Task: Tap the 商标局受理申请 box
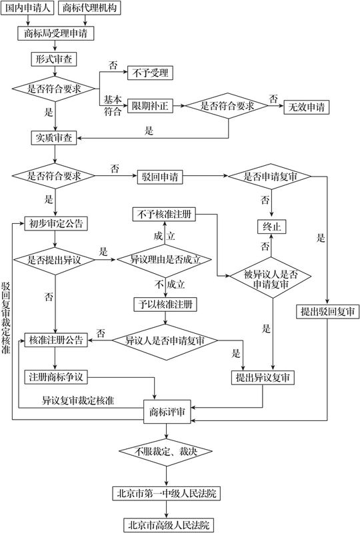tap(55, 33)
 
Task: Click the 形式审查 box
tap(55, 59)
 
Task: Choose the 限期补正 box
tap(150, 106)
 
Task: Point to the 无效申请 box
tap(310, 106)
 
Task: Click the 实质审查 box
tap(55, 138)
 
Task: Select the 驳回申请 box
tap(159, 177)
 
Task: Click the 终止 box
tap(271, 227)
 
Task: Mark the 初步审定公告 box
tap(56, 223)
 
